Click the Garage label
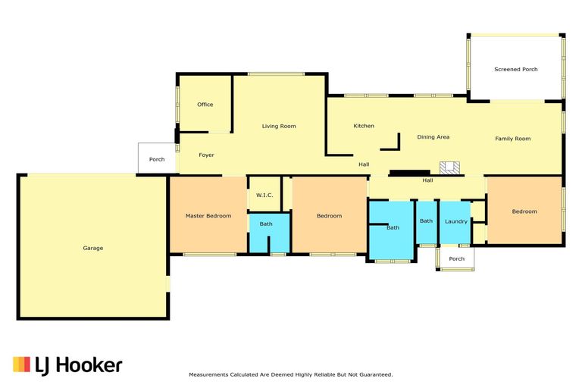click(92, 248)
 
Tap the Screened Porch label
click(516, 69)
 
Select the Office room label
click(205, 105)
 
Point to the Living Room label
click(279, 127)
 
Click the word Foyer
click(206, 155)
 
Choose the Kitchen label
click(364, 126)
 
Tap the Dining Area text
click(433, 137)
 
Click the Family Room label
click(513, 139)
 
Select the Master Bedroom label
click(208, 216)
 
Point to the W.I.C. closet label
click(264, 195)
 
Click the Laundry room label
click(456, 221)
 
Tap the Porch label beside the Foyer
click(157, 159)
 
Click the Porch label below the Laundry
click(456, 258)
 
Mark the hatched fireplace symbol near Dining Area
click(449, 167)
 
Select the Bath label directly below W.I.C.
click(266, 224)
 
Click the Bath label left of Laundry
click(426, 221)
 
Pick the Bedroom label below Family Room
click(524, 211)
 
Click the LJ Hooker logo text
click(79, 365)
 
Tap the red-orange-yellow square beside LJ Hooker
click(21, 365)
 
